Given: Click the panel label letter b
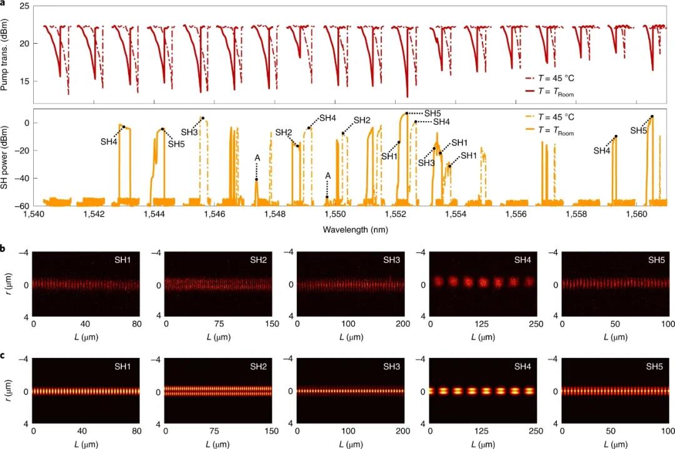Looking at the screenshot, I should coord(4,249).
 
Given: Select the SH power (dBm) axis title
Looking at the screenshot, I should coord(6,159).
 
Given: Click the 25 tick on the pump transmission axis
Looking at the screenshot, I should coord(23,6).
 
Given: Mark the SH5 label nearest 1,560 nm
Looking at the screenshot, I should coord(638,131).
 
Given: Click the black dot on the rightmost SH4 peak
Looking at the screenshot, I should coord(616,137).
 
